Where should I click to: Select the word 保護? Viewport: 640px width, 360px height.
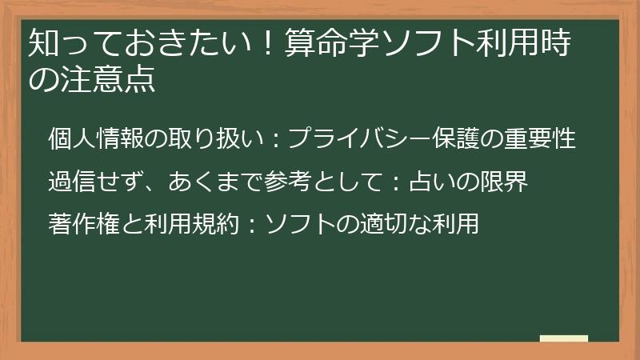[459, 139]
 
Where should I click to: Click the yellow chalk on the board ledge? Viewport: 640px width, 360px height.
[564, 338]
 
